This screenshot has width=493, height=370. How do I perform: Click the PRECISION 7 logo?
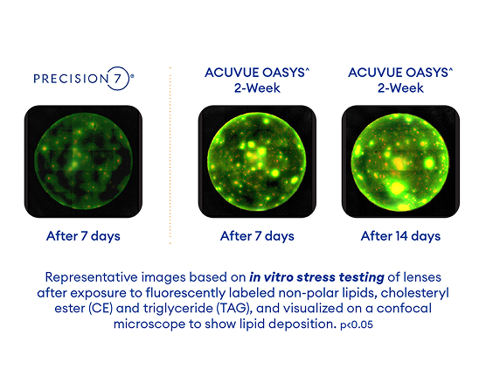84,79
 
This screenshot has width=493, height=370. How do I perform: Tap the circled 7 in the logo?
117,79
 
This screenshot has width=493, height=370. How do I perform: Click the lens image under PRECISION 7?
83,162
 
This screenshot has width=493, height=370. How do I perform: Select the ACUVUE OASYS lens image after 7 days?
257,162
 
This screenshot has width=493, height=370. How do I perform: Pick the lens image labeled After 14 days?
400,162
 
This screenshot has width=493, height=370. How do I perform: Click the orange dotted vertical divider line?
170,155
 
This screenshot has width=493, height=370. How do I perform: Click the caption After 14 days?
400,236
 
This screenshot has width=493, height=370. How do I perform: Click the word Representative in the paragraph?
92,277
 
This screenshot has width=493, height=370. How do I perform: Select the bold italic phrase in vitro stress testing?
316,277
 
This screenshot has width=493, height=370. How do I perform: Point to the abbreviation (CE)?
101,308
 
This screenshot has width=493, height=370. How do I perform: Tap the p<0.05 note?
357,325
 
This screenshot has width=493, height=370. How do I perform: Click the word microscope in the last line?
149,324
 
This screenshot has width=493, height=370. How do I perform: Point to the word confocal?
404,308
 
